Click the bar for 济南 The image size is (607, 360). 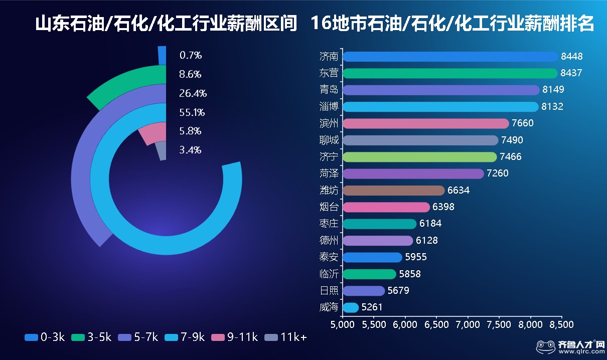pyautogui.click(x=450, y=57)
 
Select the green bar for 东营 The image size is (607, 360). pyautogui.click(x=450, y=73)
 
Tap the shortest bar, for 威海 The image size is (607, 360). pyautogui.click(x=351, y=307)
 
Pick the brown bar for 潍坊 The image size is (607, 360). pyautogui.click(x=393, y=191)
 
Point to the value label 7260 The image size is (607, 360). pyautogui.click(x=498, y=173)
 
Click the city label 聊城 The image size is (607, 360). pyautogui.click(x=329, y=140)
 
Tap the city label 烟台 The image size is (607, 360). pyautogui.click(x=329, y=207)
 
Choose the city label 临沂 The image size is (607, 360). pyautogui.click(x=329, y=274)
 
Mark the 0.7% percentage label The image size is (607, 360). pyautogui.click(x=190, y=56)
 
